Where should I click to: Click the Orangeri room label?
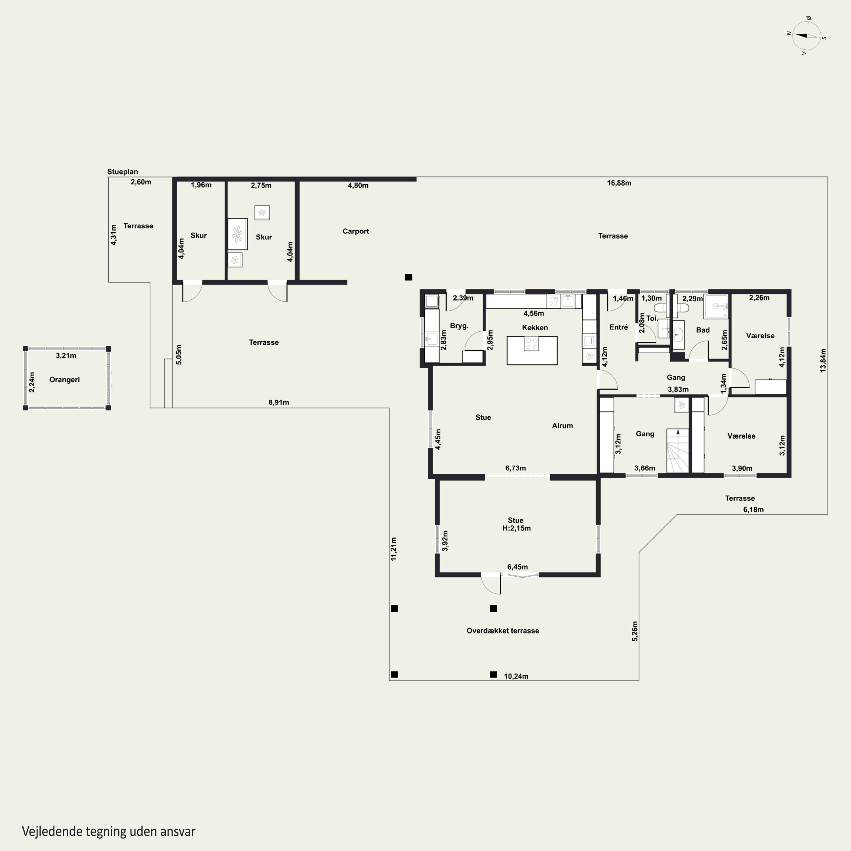[64, 380]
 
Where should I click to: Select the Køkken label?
[535, 328]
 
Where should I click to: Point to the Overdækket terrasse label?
[503, 631]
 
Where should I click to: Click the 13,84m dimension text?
[823, 361]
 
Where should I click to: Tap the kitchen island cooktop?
[531, 344]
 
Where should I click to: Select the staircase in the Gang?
[677, 451]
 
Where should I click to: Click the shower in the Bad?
[716, 307]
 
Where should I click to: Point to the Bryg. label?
[459, 326]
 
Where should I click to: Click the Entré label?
[618, 327]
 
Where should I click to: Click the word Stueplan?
[123, 172]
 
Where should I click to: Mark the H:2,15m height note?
[516, 528]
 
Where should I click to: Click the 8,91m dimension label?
[279, 402]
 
